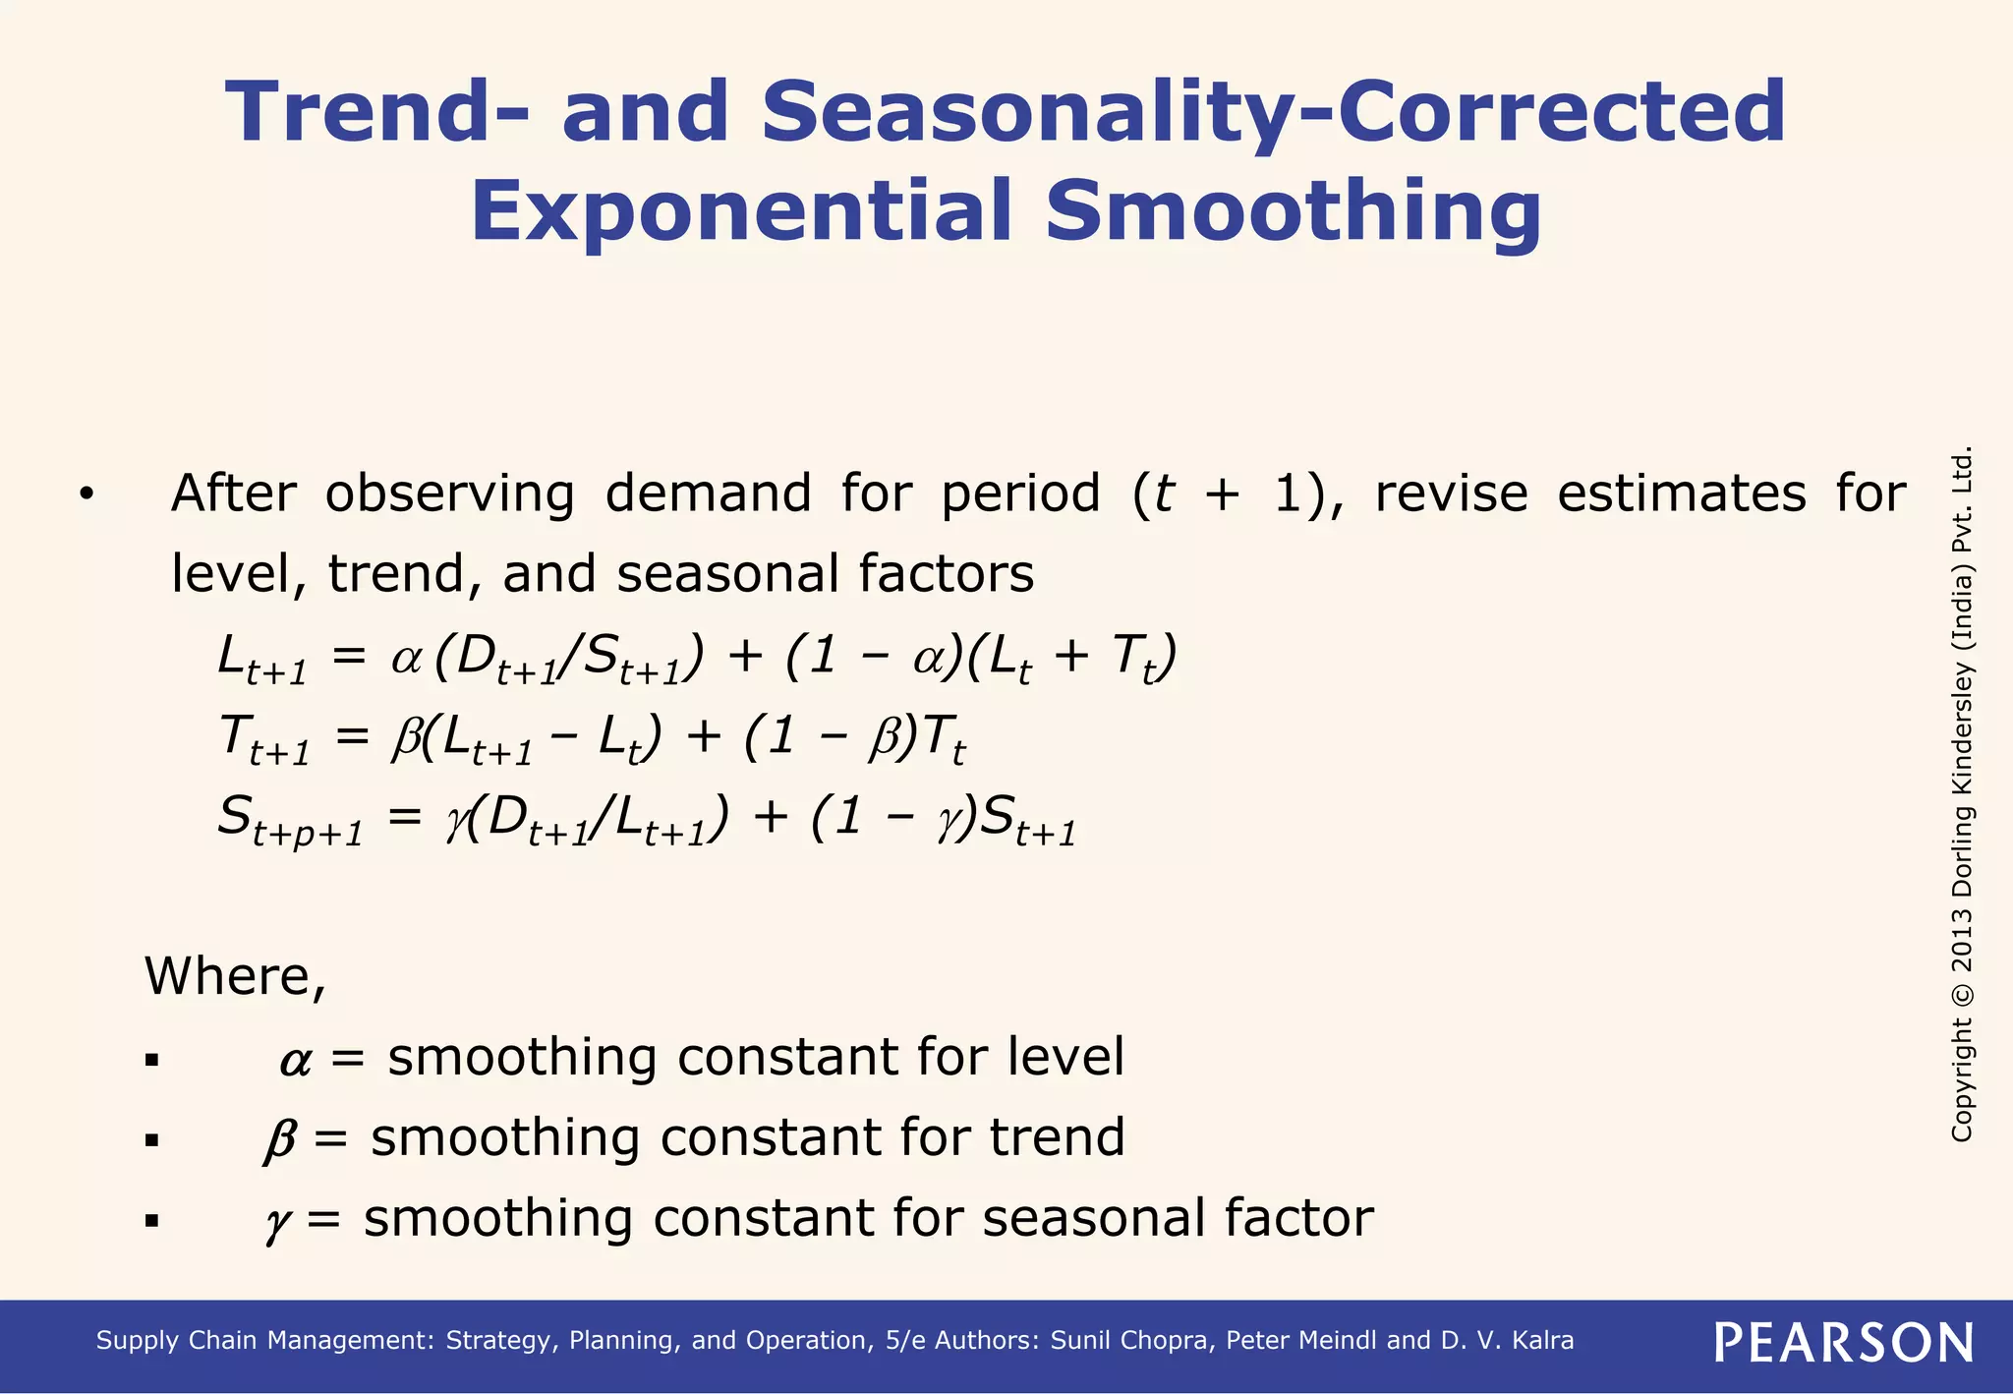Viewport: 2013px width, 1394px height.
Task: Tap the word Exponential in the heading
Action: [x=741, y=211]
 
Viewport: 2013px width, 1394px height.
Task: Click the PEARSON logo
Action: [x=1843, y=1343]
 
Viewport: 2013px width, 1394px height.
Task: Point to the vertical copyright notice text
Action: [x=1962, y=794]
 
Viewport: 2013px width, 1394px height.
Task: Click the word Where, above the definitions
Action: [x=235, y=976]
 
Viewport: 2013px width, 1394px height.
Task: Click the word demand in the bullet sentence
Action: [x=708, y=494]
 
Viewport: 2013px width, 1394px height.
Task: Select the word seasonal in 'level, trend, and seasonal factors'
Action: [x=727, y=574]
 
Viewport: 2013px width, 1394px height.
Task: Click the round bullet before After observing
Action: [x=86, y=495]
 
